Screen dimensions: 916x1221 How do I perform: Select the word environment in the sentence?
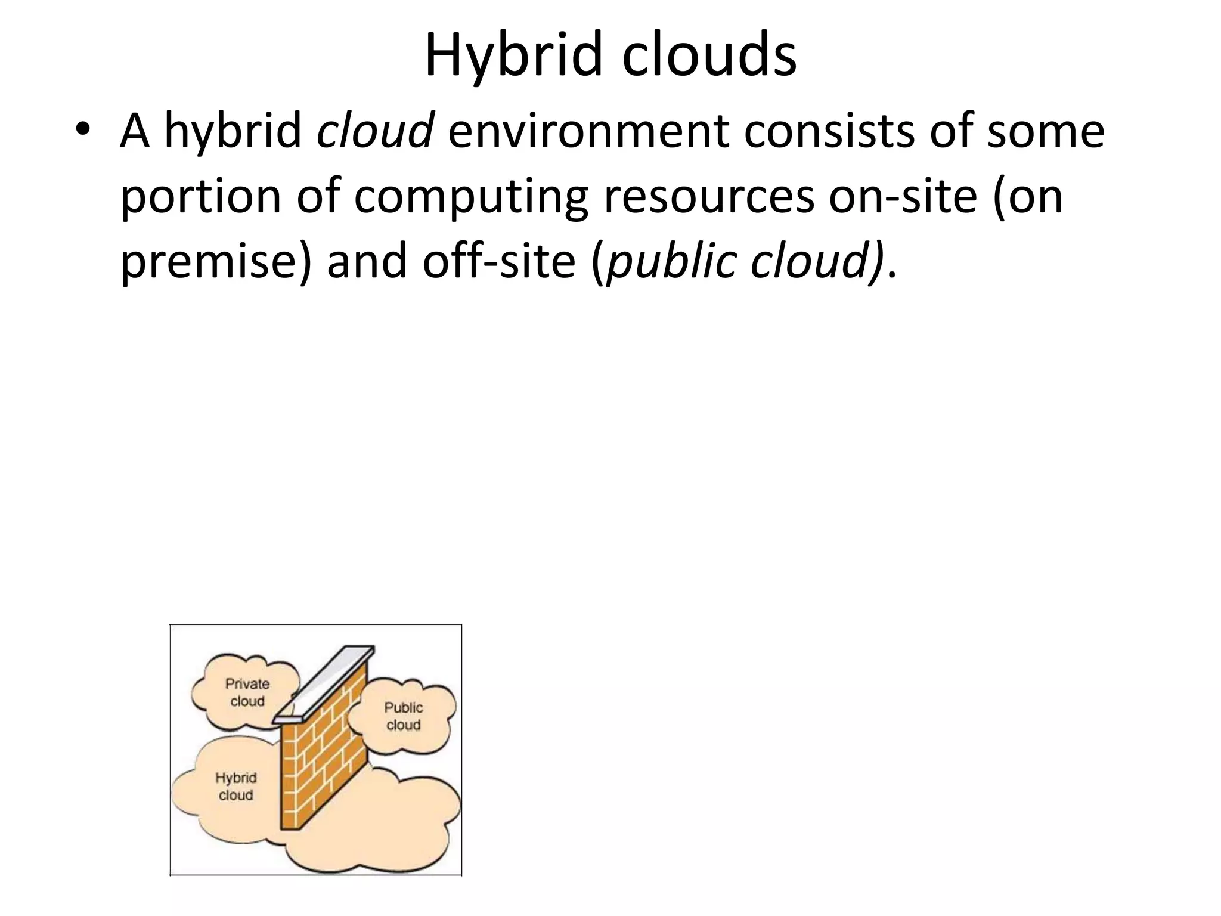click(x=589, y=131)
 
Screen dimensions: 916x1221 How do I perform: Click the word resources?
click(x=709, y=197)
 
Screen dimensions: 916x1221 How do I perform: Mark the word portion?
click(x=200, y=197)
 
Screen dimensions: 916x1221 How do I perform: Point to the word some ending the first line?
click(x=1046, y=131)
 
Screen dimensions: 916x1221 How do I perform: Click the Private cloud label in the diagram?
click(x=247, y=692)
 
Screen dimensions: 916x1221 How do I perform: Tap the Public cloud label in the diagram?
click(x=403, y=716)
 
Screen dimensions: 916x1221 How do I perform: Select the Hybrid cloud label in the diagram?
click(x=235, y=786)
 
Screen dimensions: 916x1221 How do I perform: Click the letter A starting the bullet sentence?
click(x=134, y=131)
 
